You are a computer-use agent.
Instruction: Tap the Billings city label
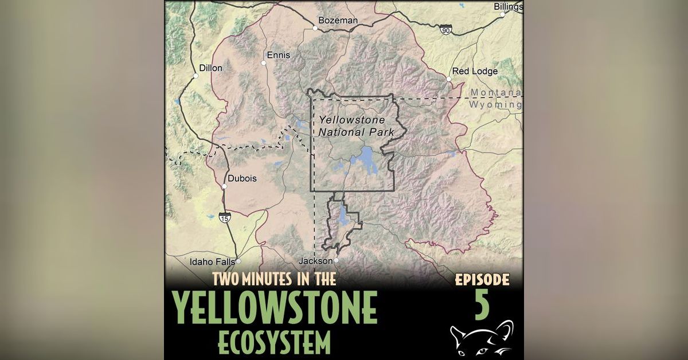(508, 7)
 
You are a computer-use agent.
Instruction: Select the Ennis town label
(279, 55)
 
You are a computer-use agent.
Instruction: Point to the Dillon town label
(210, 68)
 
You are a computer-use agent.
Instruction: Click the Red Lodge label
(475, 71)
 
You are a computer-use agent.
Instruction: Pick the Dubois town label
(242, 178)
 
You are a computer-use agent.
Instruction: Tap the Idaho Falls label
(213, 262)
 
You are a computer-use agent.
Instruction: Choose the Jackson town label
(315, 261)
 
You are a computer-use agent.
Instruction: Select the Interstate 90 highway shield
(445, 30)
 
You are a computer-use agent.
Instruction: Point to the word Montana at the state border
(495, 93)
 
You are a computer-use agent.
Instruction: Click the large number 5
(482, 304)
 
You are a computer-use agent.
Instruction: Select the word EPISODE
(482, 280)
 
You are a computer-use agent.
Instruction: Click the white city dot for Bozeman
(315, 27)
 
